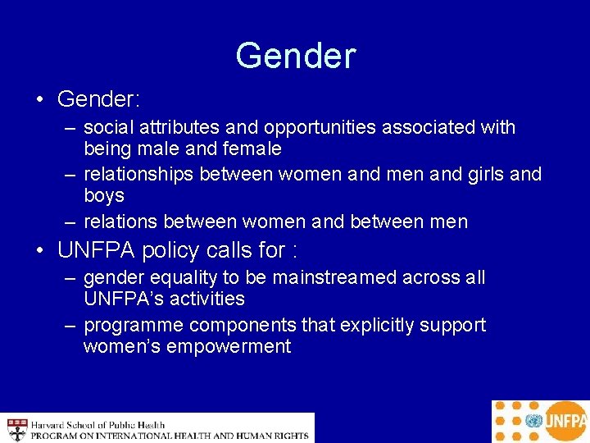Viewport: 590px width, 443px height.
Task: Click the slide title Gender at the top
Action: tap(295, 56)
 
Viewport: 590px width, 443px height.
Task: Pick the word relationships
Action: tap(138, 174)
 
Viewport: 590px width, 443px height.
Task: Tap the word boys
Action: tap(104, 196)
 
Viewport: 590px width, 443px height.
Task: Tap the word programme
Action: tap(129, 326)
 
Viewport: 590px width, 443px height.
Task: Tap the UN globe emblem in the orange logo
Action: tap(535, 422)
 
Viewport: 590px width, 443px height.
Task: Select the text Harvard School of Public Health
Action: tap(98, 424)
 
